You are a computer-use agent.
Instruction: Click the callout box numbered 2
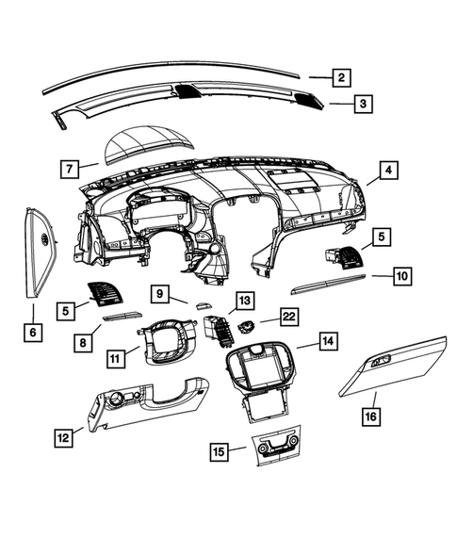(x=342, y=78)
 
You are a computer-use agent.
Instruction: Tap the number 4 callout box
(x=387, y=171)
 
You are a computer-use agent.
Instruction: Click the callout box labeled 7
(x=69, y=170)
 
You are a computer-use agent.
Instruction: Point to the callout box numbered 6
(x=33, y=332)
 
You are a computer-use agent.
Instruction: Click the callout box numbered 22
(x=288, y=318)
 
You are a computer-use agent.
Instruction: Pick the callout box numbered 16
(x=371, y=414)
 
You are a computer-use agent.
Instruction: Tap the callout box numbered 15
(x=219, y=453)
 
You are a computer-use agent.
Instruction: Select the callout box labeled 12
(x=64, y=436)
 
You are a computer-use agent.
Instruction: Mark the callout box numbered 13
(x=244, y=301)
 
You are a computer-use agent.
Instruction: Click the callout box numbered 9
(x=160, y=295)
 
